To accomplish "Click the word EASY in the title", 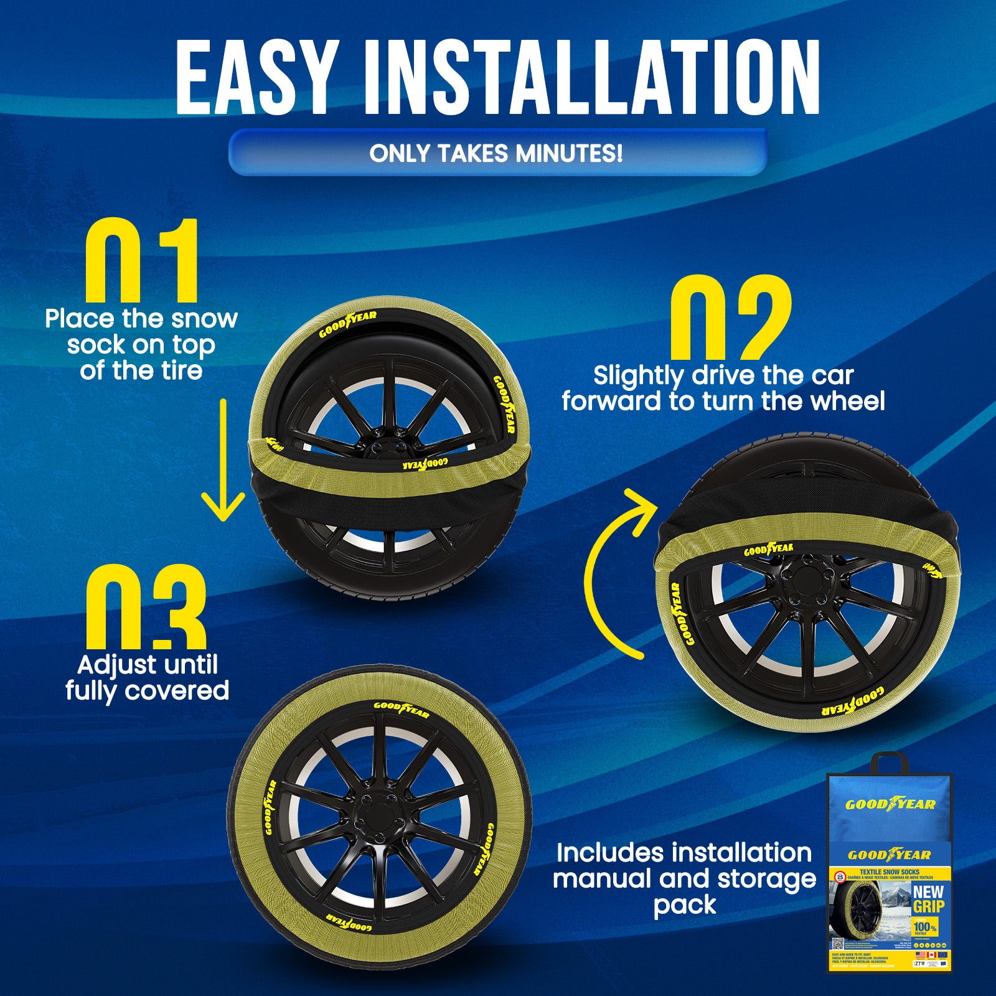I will (x=256, y=78).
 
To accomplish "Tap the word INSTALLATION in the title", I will (x=591, y=78).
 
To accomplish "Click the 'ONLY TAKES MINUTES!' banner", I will (x=496, y=153).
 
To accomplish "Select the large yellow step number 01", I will (x=142, y=261).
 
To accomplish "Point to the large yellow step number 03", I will (x=146, y=607).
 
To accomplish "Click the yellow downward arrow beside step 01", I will (x=223, y=461).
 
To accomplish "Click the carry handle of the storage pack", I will (x=890, y=763).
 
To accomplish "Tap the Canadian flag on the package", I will (x=932, y=954).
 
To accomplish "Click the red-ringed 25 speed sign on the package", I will (x=840, y=878).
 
